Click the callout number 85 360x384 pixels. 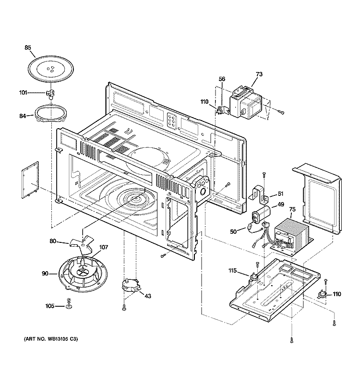pos(28,48)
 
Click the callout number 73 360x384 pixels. pos(259,74)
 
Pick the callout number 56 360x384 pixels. pos(222,79)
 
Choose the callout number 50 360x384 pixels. pos(234,232)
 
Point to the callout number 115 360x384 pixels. pos(232,271)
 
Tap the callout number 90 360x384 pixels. pos(45,274)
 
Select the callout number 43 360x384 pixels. pos(147,296)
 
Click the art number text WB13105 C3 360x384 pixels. pos(51,340)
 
